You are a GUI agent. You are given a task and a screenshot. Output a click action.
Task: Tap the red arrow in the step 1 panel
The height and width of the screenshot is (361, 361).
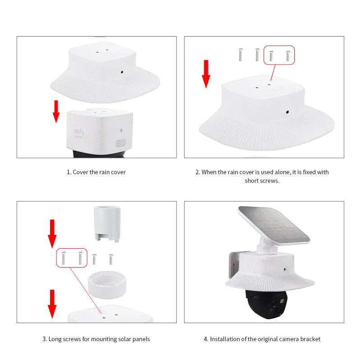pos(56,111)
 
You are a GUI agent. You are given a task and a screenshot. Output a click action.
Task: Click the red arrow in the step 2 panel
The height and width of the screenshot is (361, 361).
pos(206,74)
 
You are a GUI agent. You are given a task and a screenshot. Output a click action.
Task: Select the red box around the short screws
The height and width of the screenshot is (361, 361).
pos(279,55)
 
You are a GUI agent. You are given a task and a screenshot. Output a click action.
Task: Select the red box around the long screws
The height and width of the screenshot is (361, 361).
pos(72,257)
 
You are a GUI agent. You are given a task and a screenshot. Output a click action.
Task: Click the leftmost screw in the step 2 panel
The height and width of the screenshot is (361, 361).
pos(239,55)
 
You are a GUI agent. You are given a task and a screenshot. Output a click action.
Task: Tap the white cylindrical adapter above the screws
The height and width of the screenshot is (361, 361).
pos(106,223)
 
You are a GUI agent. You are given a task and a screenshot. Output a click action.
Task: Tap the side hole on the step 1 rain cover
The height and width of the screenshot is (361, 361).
pos(122,71)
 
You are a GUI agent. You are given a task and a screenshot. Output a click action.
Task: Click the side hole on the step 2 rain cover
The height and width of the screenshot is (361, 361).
pos(287,110)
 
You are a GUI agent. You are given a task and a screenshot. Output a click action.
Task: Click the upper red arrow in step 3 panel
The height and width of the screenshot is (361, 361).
pos(52,232)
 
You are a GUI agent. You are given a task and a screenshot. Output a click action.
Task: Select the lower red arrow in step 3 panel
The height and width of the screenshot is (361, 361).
pos(52,303)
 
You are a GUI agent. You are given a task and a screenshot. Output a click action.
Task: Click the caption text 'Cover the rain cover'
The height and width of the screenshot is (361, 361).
pos(96,172)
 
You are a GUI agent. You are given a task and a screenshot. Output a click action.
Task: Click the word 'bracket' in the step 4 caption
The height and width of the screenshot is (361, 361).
pos(310,339)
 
